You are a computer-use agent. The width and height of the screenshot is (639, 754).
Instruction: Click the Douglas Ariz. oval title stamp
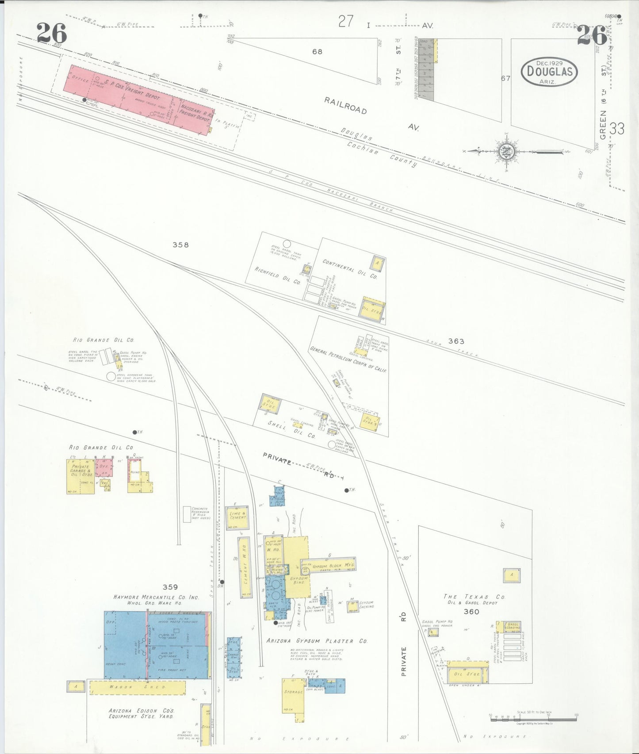[x=549, y=72]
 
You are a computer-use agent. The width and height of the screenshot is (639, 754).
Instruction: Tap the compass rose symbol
[x=505, y=152]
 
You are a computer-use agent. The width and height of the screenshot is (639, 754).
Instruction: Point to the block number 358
[x=180, y=245]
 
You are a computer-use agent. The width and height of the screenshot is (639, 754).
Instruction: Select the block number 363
[x=456, y=341]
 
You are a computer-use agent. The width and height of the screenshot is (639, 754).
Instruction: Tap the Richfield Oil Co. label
[x=277, y=275]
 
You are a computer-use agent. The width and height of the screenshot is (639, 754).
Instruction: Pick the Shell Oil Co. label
[x=292, y=429]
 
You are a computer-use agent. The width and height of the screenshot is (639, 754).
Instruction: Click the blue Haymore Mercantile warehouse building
[x=157, y=646]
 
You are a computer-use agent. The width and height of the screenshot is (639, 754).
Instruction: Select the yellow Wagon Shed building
[x=138, y=687]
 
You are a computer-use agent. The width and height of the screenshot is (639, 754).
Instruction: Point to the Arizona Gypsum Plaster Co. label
[x=316, y=641]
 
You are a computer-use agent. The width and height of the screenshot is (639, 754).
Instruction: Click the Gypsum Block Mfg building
[x=329, y=566]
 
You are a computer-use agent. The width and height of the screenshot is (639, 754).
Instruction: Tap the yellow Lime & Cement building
[x=237, y=517]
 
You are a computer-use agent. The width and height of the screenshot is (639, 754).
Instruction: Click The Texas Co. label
[x=474, y=597]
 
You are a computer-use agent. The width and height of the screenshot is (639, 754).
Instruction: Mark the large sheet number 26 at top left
[x=52, y=34]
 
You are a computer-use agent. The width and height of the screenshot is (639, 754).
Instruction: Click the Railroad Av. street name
[x=345, y=106]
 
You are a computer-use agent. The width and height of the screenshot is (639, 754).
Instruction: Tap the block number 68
[x=317, y=51]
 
